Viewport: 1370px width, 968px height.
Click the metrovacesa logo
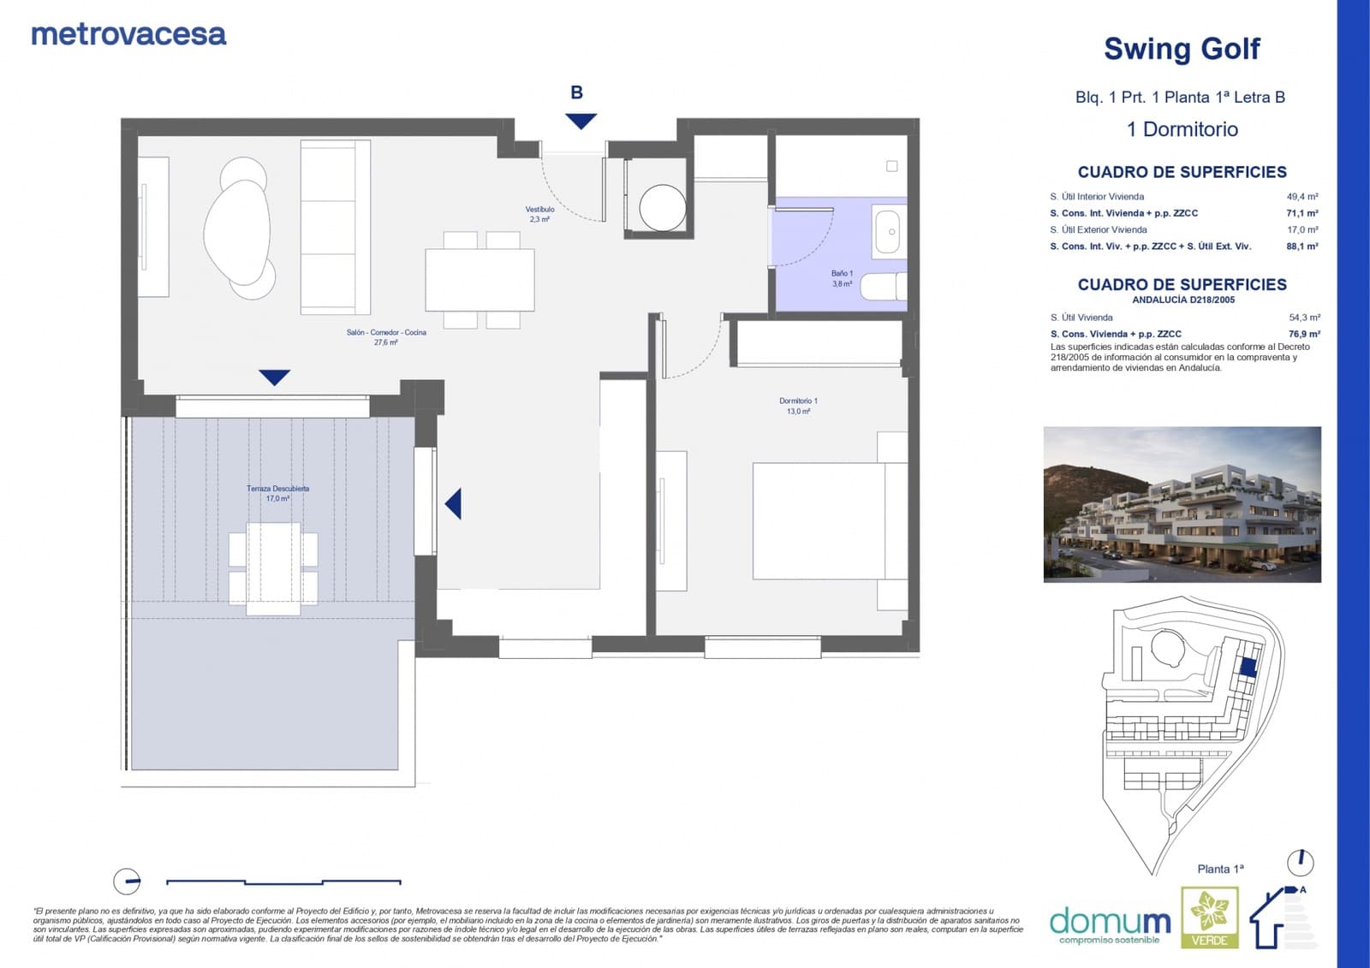(x=128, y=34)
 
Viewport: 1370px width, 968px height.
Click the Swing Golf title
(x=1182, y=49)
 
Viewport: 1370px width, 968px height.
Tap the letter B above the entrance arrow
(x=577, y=92)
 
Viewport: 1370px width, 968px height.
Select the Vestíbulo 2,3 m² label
(x=539, y=214)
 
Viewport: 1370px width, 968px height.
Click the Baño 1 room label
(x=842, y=278)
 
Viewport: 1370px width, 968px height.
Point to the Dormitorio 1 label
(x=798, y=406)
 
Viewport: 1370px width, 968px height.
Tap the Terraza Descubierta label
(x=277, y=493)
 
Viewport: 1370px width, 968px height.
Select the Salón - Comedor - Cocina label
(x=386, y=337)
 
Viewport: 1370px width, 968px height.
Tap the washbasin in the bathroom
(x=889, y=231)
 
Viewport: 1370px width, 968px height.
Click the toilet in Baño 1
(x=882, y=287)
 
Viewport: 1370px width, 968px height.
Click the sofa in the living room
(x=335, y=227)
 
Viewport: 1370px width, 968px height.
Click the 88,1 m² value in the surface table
(x=1301, y=246)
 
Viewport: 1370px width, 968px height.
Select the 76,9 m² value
(x=1303, y=334)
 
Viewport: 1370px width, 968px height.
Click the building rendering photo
(x=1182, y=504)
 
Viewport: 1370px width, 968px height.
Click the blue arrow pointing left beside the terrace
(x=454, y=504)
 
